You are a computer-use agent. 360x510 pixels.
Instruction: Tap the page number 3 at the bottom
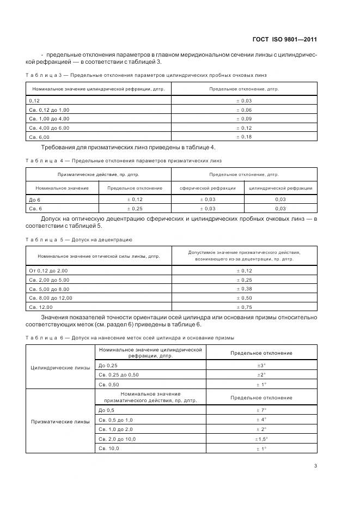[x=315, y=465]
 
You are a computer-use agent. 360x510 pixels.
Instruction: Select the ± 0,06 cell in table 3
[x=244, y=110]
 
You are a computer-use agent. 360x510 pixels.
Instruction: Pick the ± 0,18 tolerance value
[x=244, y=136]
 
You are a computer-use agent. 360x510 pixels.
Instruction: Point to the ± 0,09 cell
[x=244, y=118]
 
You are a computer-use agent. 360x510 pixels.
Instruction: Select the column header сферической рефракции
[x=208, y=188]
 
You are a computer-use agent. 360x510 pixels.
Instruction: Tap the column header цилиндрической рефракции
[x=280, y=188]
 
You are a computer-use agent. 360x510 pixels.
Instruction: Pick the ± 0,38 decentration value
[x=244, y=289]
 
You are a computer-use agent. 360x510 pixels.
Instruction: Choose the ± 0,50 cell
[x=244, y=298]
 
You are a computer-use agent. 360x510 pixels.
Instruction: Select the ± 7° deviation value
[x=261, y=410]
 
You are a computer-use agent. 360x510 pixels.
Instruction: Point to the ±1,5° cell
[x=261, y=439]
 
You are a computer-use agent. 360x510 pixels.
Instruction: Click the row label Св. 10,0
[x=108, y=448]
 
